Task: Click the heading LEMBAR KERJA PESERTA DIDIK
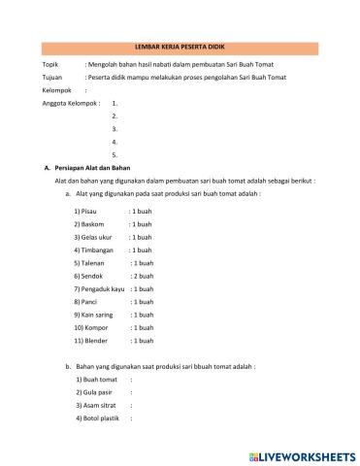180,47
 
